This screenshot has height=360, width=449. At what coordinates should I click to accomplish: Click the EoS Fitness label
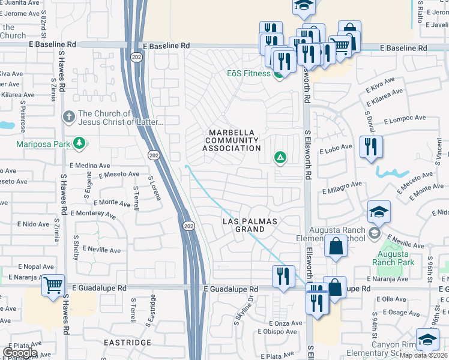tap(248, 73)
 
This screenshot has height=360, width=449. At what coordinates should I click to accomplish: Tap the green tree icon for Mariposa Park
tap(79, 143)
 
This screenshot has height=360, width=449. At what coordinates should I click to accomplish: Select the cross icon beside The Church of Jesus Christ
tap(69, 116)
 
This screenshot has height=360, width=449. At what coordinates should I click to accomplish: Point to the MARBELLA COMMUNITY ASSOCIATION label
tap(234, 140)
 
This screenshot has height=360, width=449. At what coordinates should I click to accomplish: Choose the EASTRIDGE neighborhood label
tap(127, 343)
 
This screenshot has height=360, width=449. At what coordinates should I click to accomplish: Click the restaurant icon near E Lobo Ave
tap(371, 146)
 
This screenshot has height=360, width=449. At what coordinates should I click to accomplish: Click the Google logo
tap(20, 352)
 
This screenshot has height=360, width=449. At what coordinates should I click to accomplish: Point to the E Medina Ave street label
tap(89, 165)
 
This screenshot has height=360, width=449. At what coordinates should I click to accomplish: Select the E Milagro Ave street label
tap(342, 188)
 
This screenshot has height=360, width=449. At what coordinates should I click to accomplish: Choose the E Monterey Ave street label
tap(93, 214)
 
